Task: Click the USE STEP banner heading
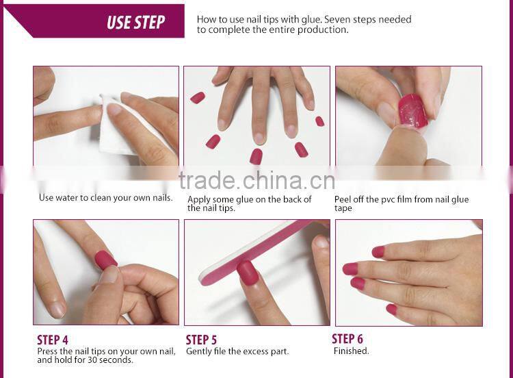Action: pyautogui.click(x=135, y=23)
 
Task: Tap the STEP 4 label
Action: pyautogui.click(x=53, y=340)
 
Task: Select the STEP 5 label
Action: pyautogui.click(x=201, y=340)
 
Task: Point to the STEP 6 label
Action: pyautogui.click(x=347, y=339)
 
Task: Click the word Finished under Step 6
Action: pyautogui.click(x=351, y=351)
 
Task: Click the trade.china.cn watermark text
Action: pyautogui.click(x=256, y=181)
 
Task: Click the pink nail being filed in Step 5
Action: pyautogui.click(x=247, y=273)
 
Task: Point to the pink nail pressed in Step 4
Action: pyautogui.click(x=105, y=260)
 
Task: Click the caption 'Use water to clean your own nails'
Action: pyautogui.click(x=105, y=198)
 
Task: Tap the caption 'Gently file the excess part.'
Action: pyautogui.click(x=237, y=351)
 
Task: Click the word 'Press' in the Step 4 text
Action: pyautogui.click(x=48, y=351)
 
